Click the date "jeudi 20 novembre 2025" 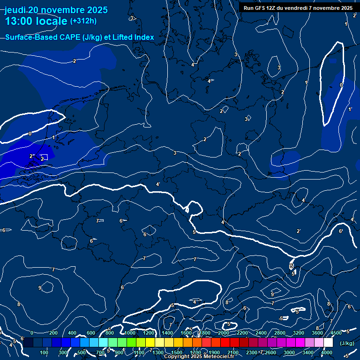56,10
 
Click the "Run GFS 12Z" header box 298,8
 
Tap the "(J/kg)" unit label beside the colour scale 347,344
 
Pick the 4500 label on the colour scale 337,333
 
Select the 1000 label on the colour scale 129,333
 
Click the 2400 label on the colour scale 261,333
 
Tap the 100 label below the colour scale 45,352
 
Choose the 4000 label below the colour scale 327,352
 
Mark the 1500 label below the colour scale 177,352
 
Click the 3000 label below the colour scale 289,352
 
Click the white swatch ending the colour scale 328,343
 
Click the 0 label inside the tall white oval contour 341,85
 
